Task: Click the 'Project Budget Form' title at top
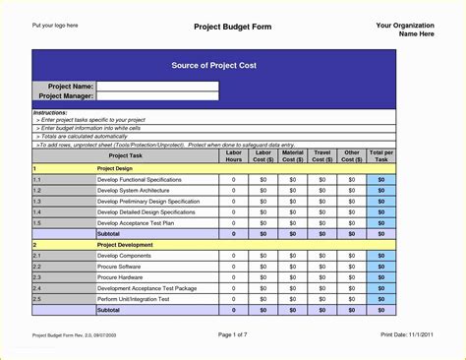coord(232,27)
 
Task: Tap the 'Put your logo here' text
coord(55,25)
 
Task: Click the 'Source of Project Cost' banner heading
coord(213,64)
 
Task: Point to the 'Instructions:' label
coord(51,113)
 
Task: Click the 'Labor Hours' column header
coord(233,155)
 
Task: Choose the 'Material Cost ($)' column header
coord(292,155)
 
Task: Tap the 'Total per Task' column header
coord(381,155)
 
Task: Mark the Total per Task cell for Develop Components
coord(381,256)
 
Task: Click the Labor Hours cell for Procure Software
coord(233,267)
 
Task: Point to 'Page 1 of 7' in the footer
coord(233,334)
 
